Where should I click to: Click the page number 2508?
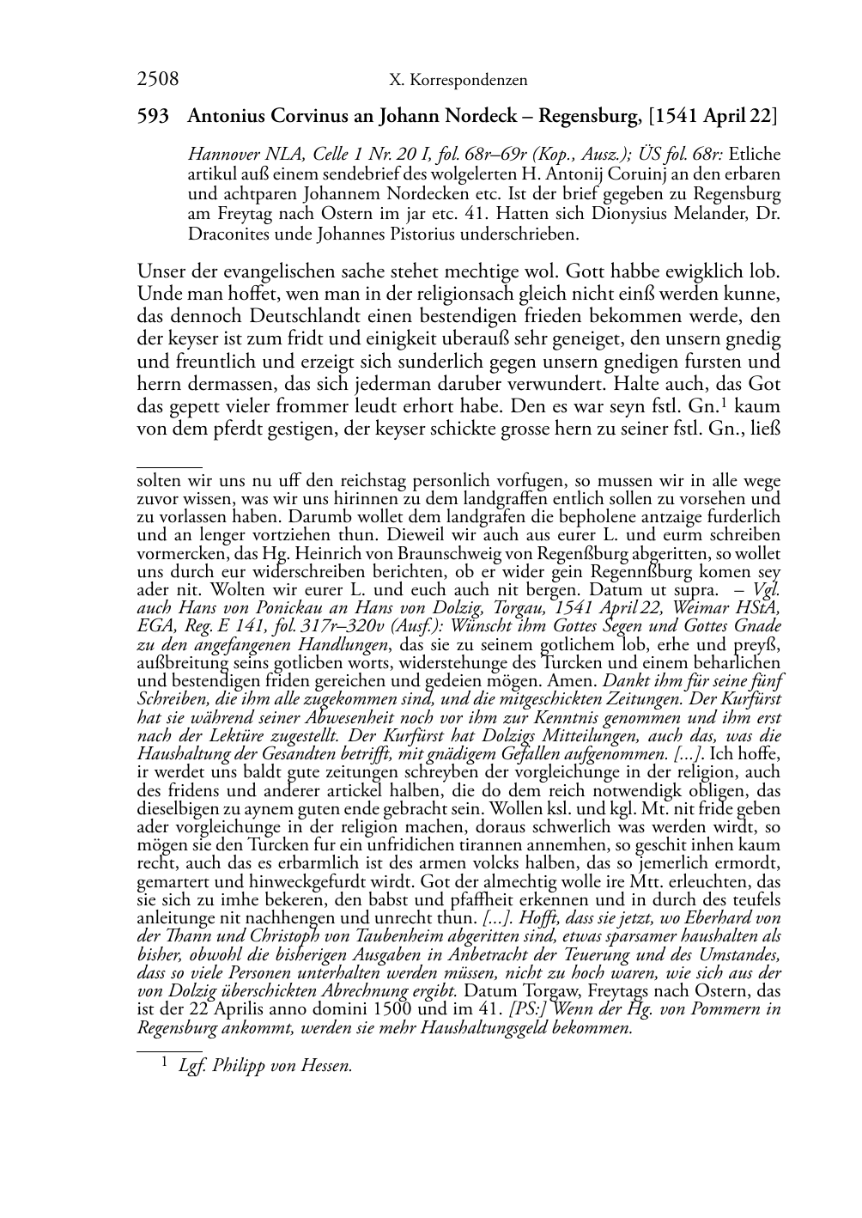[x=158, y=80]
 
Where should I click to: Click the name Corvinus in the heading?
[x=300, y=116]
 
